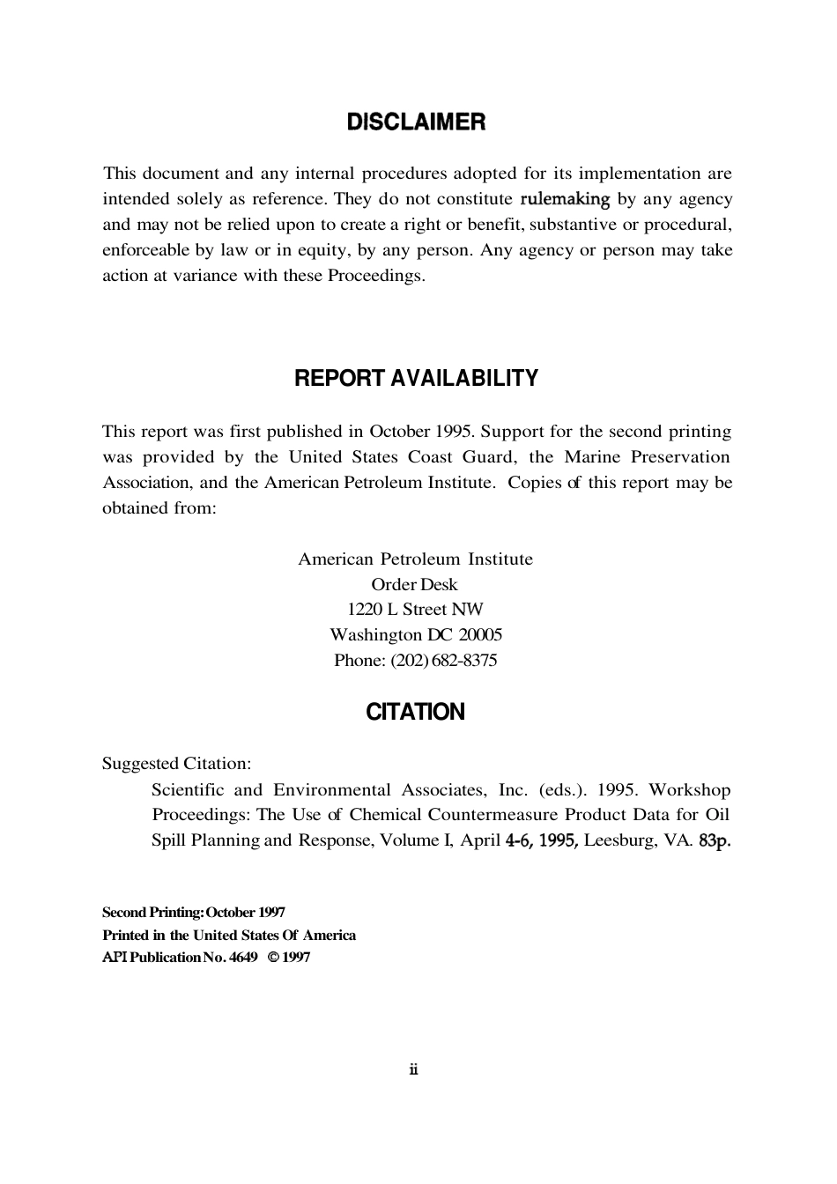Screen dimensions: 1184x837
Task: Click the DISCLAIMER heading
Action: [416, 122]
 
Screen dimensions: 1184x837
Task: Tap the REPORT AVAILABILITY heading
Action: [416, 379]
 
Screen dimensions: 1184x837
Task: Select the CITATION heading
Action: [415, 713]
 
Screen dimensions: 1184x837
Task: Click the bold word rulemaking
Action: [565, 199]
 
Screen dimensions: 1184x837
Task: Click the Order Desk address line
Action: [414, 585]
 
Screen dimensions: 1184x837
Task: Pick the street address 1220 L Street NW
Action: [415, 610]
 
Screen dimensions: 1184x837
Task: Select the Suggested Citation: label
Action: [176, 764]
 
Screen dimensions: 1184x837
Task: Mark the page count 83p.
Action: [715, 840]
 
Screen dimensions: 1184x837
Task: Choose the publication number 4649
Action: [242, 958]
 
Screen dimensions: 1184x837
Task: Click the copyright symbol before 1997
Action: [273, 958]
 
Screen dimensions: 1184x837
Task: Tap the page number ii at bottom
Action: [414, 1070]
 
